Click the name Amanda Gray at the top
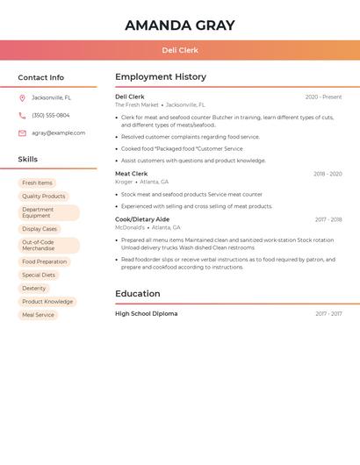pos(179,25)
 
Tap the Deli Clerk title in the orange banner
pos(180,51)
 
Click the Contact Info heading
pos(40,77)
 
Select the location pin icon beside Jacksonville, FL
pos(22,97)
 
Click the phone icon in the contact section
pos(22,115)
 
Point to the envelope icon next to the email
pos(22,133)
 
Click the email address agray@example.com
pos(59,133)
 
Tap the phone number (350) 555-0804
pos(51,115)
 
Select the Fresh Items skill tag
pos(37,183)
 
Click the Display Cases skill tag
pos(40,229)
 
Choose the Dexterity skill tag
pos(34,288)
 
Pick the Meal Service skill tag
pos(38,314)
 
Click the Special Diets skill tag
pos(39,275)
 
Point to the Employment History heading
pos(161,77)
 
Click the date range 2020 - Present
pos(323,97)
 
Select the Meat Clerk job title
pos(132,174)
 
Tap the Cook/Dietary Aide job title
pos(142,219)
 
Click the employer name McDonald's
pos(130,227)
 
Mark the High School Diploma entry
pos(146,313)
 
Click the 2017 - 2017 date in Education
pos(328,314)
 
